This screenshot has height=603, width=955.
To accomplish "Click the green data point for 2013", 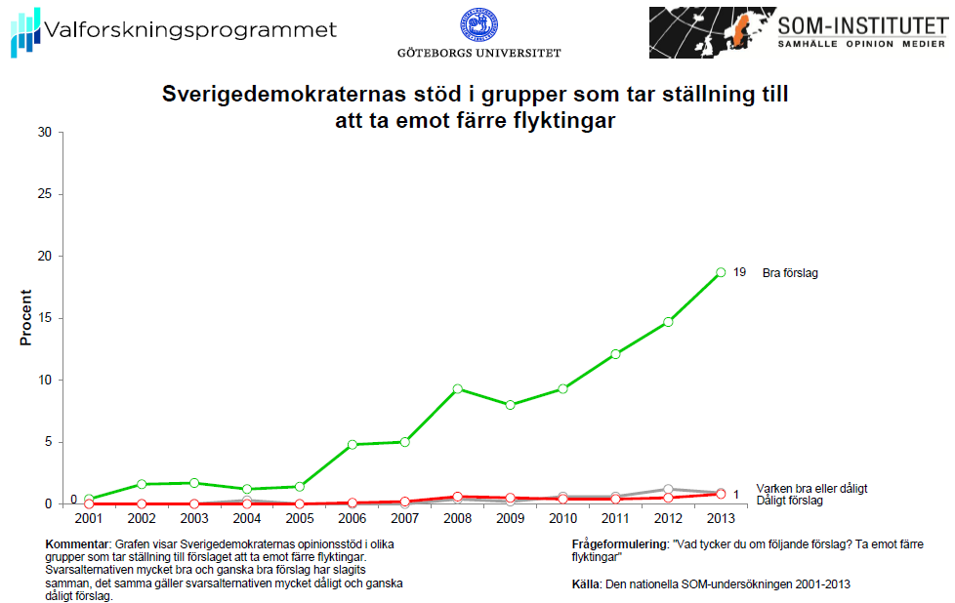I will (x=721, y=272).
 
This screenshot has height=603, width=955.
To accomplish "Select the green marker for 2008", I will (x=457, y=388).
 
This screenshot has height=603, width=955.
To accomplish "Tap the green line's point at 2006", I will (x=353, y=444).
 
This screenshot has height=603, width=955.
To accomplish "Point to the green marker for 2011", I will (x=615, y=354).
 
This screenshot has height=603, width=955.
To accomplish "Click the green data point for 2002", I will (x=142, y=484).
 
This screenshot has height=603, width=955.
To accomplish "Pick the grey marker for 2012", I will (x=668, y=489).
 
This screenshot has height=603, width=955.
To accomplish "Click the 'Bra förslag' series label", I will (x=789, y=273).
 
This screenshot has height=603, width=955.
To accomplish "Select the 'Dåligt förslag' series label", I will (x=789, y=501).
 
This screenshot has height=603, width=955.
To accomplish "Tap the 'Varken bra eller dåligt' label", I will (x=811, y=488).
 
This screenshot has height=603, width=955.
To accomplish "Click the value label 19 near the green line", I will (x=740, y=273).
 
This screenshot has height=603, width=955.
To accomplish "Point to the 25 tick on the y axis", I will (x=44, y=194).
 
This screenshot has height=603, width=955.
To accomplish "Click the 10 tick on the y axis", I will (x=44, y=381).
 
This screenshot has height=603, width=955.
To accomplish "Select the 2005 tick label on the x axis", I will (x=300, y=517).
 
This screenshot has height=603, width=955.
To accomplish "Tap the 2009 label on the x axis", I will (x=510, y=517).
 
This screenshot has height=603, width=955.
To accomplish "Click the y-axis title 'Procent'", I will (x=26, y=318).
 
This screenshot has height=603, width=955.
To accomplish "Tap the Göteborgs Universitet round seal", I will (x=478, y=26).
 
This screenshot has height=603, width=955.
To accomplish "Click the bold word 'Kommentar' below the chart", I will (x=78, y=543).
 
